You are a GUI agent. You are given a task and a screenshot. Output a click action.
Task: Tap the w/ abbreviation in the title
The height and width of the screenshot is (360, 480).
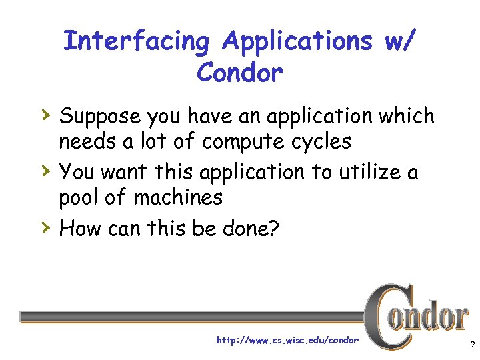pos(397,42)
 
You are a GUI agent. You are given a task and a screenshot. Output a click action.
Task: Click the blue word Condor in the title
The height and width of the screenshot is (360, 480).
pos(240,72)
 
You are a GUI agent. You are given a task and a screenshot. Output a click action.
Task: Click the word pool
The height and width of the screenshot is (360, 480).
pos(79,198)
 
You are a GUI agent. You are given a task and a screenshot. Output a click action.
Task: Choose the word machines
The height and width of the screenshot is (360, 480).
pos(178,197)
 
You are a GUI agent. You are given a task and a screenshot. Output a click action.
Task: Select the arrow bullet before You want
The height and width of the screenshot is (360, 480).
pos(45,171)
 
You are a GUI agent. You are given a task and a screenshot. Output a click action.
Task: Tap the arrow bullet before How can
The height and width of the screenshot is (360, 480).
pos(45,227)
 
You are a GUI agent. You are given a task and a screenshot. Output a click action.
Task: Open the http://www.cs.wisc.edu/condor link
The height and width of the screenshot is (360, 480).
pos(287,340)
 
